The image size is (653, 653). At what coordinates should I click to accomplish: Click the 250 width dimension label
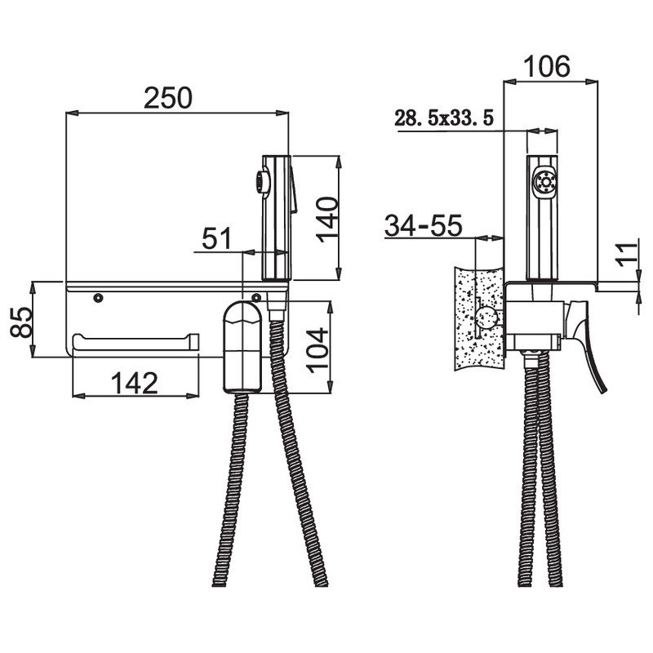[168, 98]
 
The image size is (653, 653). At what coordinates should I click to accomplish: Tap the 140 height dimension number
[327, 219]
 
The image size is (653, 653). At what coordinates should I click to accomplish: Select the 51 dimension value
[216, 238]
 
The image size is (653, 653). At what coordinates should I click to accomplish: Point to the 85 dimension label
[21, 322]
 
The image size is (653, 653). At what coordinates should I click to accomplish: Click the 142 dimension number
[135, 383]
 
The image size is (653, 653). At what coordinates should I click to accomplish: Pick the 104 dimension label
[318, 350]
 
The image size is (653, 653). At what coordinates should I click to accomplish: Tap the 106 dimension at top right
[546, 67]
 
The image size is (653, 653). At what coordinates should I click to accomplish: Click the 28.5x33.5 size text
[444, 118]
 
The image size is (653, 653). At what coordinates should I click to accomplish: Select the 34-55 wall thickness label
[423, 226]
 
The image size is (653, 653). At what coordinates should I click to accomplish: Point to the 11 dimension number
[628, 253]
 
